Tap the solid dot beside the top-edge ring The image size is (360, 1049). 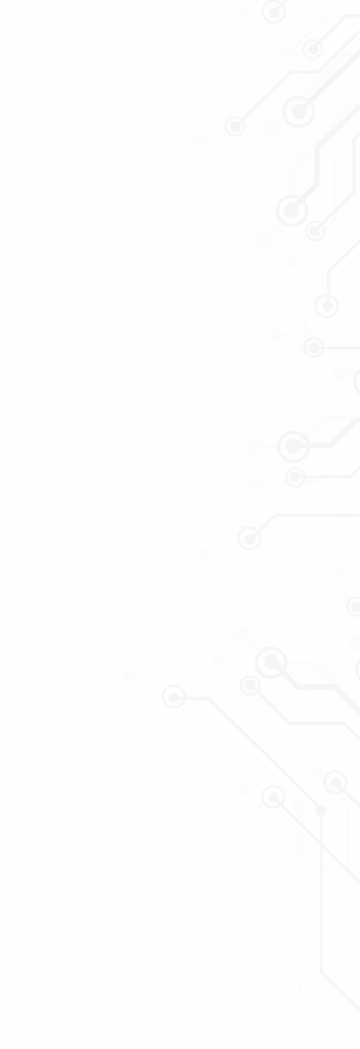tap(244, 13)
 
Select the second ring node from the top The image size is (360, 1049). tap(313, 49)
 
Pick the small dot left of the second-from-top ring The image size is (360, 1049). tap(289, 55)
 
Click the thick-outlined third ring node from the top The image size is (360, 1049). tap(298, 112)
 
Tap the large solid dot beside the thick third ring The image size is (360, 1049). tap(272, 126)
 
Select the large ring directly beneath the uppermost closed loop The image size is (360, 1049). tap(290, 211)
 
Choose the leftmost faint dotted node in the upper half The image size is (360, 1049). tap(99, 190)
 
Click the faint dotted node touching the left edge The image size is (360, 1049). tap(7, 614)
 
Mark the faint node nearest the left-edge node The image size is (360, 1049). tap(73, 596)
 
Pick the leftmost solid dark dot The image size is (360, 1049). tap(129, 676)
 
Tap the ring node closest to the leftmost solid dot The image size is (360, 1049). tap(173, 695)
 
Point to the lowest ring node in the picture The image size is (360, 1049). tap(272, 797)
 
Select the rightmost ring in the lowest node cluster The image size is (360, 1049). tap(336, 781)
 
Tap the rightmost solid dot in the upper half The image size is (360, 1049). tap(340, 373)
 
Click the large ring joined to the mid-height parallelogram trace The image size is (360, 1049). tap(293, 445)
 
